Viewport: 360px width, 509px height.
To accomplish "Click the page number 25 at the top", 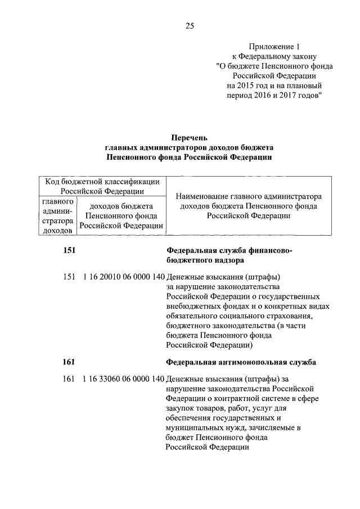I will tap(189, 25).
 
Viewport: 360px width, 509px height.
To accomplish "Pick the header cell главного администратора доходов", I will tap(56, 214).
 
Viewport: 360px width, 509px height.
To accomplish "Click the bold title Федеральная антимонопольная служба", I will tap(241, 362).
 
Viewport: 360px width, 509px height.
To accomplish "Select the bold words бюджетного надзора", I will tap(205, 262).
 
